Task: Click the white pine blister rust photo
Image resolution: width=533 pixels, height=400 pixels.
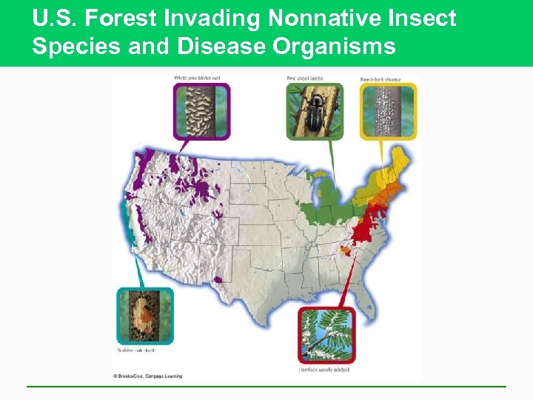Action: [x=201, y=111]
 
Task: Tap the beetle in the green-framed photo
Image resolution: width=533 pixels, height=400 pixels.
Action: [x=315, y=110]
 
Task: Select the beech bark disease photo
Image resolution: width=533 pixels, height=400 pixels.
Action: [x=388, y=111]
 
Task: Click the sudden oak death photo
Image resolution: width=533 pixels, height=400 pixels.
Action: [x=144, y=316]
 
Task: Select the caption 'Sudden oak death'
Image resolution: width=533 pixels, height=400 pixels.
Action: [x=137, y=349]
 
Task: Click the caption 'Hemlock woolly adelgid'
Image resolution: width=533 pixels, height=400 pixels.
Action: [x=326, y=367]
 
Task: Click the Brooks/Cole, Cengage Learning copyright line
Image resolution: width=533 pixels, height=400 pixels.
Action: [x=147, y=376]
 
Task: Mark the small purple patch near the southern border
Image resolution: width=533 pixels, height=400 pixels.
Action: [x=218, y=280]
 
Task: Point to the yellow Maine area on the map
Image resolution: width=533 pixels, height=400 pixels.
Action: [x=402, y=159]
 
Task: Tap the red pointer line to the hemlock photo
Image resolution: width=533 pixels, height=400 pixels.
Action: [x=343, y=281]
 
